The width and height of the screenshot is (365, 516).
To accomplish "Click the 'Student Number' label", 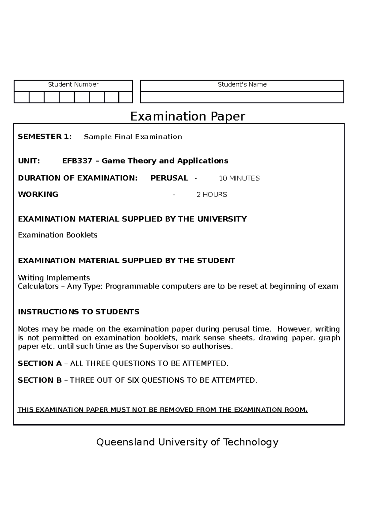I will [x=73, y=84].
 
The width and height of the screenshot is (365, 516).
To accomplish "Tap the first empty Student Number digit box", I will [x=22, y=98].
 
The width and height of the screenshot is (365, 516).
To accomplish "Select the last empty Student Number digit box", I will [x=125, y=98].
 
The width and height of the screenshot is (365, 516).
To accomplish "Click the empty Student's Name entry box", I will [x=242, y=98].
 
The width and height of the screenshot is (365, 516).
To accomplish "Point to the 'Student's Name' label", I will [x=242, y=84].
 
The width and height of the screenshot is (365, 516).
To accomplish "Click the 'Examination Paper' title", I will [x=188, y=116].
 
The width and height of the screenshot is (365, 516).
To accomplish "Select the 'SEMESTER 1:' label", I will [x=45, y=137].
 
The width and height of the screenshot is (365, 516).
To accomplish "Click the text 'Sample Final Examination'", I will [x=133, y=137].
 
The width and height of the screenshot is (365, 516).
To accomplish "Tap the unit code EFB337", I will [x=77, y=161].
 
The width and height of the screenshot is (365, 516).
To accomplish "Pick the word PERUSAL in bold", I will [x=169, y=178].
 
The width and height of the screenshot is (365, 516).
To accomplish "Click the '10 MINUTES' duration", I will [x=239, y=178].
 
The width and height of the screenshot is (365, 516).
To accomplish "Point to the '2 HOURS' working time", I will [x=212, y=195].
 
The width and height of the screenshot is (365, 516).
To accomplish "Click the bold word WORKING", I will [x=38, y=194].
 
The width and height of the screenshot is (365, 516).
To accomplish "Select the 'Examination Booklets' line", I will [x=58, y=235].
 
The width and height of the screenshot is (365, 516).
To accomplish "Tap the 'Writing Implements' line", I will [x=54, y=278].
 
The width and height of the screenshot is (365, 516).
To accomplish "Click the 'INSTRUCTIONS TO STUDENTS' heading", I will [x=78, y=312].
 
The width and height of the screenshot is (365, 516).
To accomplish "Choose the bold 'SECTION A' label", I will [x=40, y=363].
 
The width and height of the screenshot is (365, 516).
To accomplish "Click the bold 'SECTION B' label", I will [x=40, y=380].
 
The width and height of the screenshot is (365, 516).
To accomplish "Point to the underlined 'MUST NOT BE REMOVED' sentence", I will [x=163, y=410].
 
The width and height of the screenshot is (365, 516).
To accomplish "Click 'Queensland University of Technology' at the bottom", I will [x=187, y=442].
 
